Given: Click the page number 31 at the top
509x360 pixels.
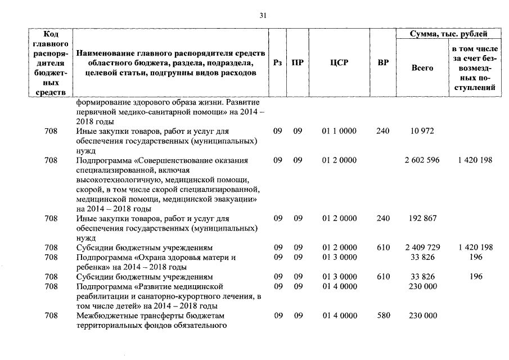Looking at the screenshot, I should pyautogui.click(x=263, y=16).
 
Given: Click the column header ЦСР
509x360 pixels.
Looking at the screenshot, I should pyautogui.click(x=339, y=63).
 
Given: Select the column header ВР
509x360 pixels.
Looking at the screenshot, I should pyautogui.click(x=383, y=63).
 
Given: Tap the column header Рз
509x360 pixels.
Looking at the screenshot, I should pyautogui.click(x=277, y=63).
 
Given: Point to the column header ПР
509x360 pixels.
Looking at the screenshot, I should pyautogui.click(x=298, y=63).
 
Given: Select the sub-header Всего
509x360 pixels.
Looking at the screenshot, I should pyautogui.click(x=422, y=68).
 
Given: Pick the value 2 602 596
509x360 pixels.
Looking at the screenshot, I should pyautogui.click(x=422, y=160).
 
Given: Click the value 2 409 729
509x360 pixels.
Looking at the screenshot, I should pyautogui.click(x=422, y=247).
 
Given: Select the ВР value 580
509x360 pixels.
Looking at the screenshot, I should pyautogui.click(x=383, y=316).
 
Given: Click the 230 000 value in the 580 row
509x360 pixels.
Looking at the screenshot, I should pyautogui.click(x=422, y=316).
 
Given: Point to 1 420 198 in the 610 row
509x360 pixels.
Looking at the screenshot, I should pyautogui.click(x=475, y=247).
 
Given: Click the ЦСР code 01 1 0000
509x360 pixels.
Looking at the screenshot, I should pyautogui.click(x=339, y=131).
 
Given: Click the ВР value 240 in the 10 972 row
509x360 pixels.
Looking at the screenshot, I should pyautogui.click(x=383, y=131).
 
